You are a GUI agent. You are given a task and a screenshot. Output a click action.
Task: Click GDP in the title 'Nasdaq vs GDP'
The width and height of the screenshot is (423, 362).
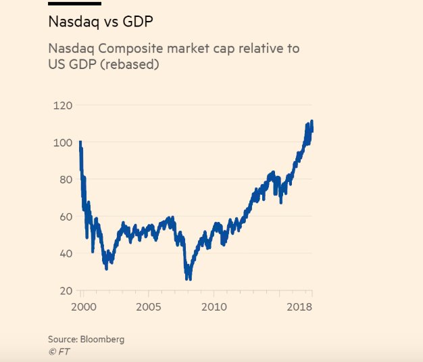(136, 22)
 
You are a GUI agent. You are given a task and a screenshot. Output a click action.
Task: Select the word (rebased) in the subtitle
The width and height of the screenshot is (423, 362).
(129, 65)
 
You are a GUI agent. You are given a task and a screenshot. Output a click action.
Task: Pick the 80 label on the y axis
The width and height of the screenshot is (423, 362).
(65, 180)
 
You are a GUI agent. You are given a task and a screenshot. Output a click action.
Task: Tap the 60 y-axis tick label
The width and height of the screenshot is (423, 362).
(65, 217)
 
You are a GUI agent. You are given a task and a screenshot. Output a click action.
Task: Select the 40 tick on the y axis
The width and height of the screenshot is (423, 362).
(65, 254)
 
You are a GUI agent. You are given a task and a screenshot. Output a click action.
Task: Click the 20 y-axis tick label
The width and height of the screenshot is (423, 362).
(65, 291)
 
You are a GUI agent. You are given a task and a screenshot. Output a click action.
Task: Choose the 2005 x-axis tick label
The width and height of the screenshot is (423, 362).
(148, 307)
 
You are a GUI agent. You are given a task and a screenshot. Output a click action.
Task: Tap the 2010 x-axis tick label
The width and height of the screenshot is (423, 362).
(214, 307)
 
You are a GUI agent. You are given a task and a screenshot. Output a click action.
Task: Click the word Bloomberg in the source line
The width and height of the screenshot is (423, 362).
(101, 339)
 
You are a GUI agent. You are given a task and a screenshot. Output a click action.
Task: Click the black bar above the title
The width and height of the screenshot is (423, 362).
(74, 3)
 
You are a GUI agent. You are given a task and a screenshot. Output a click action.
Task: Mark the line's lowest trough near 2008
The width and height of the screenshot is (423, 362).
(189, 277)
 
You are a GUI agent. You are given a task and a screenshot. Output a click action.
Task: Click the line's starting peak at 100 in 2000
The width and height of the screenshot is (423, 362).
(80, 143)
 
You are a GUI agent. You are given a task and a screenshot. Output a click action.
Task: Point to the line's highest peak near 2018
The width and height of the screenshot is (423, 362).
(312, 122)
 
